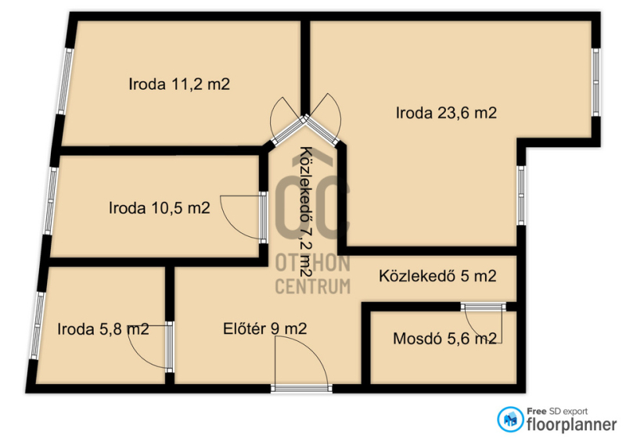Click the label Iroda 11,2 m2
point(179,84)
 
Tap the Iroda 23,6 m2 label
point(446,113)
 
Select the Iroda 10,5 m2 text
point(160,208)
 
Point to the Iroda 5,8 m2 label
point(103,329)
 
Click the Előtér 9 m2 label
point(265,329)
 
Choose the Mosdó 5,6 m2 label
point(444,339)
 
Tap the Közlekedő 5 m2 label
point(437,276)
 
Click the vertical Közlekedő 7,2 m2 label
point(305,212)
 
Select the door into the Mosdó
point(484,322)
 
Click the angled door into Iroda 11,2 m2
point(287,120)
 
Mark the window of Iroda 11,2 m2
point(65,81)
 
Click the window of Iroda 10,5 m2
point(50,200)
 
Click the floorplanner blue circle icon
point(510,419)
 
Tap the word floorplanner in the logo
point(572,425)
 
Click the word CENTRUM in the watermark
point(312,286)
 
